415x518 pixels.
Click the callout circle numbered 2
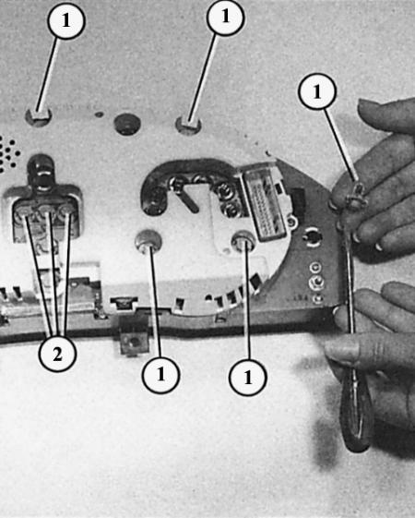pos(57,355)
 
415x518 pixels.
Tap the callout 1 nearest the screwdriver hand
pos(317,90)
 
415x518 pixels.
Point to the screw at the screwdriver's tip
pos(356,197)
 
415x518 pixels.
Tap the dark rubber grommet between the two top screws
pos(127,124)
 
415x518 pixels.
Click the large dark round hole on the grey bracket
pos(312,236)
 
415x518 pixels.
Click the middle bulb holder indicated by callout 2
pos(46,211)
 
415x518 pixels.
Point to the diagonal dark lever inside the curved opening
pos(186,199)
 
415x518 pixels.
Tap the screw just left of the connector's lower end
pos(243,242)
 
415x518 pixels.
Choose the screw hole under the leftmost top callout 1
pos(38,117)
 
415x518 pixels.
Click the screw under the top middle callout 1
pos(188,125)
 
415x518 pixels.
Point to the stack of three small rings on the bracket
pos(317,283)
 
